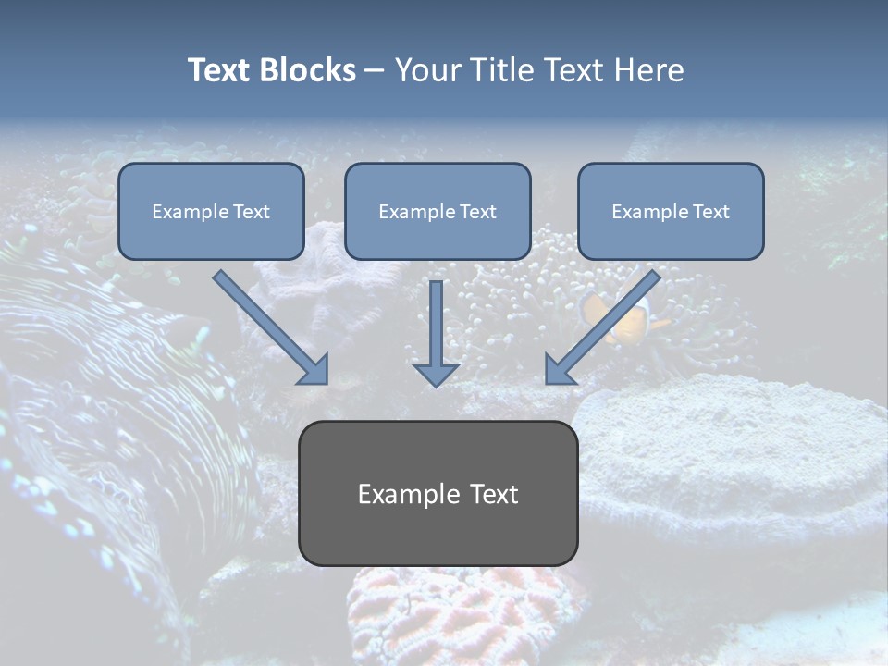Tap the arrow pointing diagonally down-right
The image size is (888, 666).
point(271,327)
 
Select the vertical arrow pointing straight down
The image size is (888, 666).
point(436,334)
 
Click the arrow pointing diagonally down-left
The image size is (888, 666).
point(602,327)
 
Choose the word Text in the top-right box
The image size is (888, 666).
point(710,212)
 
